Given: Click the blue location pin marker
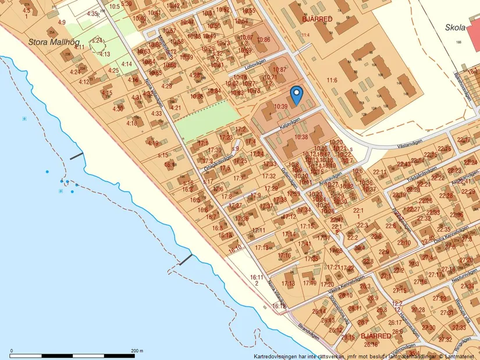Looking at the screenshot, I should pyautogui.click(x=297, y=95).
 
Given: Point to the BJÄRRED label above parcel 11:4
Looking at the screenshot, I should pyautogui.click(x=317, y=19).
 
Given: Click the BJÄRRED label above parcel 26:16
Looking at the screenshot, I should pyautogui.click(x=375, y=336).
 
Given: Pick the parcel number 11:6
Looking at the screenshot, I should pyautogui.click(x=332, y=80).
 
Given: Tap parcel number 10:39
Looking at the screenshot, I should pyautogui.click(x=280, y=106).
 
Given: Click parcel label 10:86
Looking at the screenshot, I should pyautogui.click(x=264, y=40).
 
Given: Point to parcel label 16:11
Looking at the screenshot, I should pyautogui.click(x=257, y=277).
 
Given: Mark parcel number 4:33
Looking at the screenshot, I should pyautogui.click(x=156, y=113).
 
